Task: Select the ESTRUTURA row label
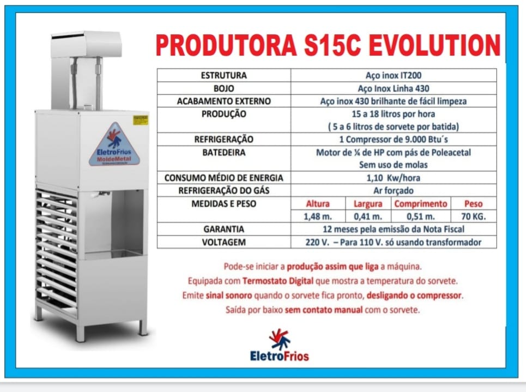click(x=223, y=75)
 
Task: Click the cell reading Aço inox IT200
click(x=394, y=75)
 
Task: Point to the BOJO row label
click(x=223, y=88)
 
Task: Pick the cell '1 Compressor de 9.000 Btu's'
click(x=394, y=139)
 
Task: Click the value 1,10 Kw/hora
click(x=394, y=178)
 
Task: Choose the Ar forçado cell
click(x=394, y=191)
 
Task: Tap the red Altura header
click(x=318, y=204)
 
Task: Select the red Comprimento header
click(x=421, y=204)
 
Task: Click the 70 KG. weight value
click(x=473, y=216)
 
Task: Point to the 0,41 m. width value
click(x=368, y=216)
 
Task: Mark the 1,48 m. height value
click(x=318, y=216)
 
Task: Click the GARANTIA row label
click(x=223, y=229)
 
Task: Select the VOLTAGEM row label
click(x=223, y=242)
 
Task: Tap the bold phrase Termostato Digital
click(x=278, y=281)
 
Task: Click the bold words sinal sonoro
click(x=229, y=295)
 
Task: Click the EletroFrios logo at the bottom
click(x=280, y=345)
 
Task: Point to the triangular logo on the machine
click(x=114, y=144)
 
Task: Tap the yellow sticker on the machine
click(x=141, y=120)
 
